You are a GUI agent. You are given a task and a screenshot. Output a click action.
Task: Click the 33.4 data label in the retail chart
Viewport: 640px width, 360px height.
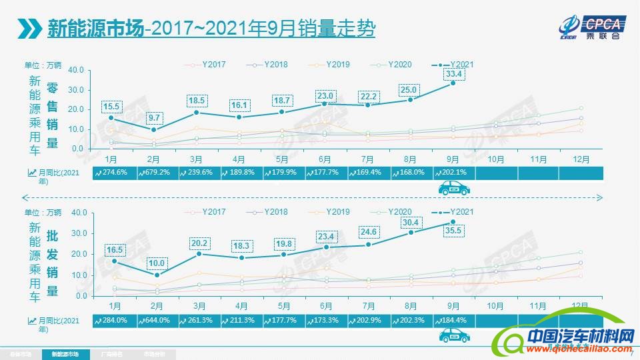454,73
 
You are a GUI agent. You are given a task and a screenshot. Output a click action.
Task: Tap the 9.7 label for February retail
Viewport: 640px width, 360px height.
154,117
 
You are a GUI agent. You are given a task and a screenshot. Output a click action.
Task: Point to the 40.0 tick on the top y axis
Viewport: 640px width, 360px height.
75,70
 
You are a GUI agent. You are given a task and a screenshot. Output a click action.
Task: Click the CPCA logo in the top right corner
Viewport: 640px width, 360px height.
593,27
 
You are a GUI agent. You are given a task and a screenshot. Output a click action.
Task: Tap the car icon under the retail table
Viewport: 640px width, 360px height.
453,189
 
